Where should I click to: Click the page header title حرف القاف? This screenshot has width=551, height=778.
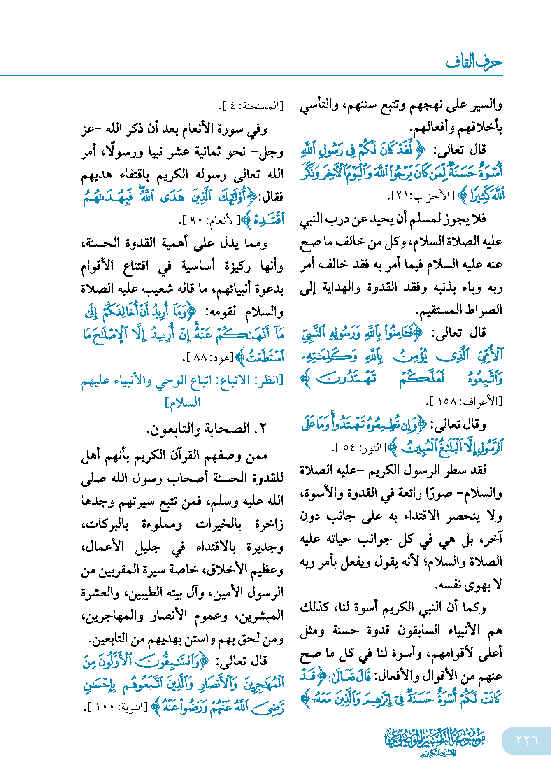click(x=474, y=62)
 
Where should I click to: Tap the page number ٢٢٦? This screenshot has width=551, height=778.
click(x=527, y=740)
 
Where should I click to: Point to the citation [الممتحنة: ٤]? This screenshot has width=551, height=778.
click(x=251, y=106)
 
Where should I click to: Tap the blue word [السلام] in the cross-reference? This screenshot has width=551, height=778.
click(x=183, y=403)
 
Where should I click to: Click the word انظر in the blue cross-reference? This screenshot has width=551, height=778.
click(x=269, y=380)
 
